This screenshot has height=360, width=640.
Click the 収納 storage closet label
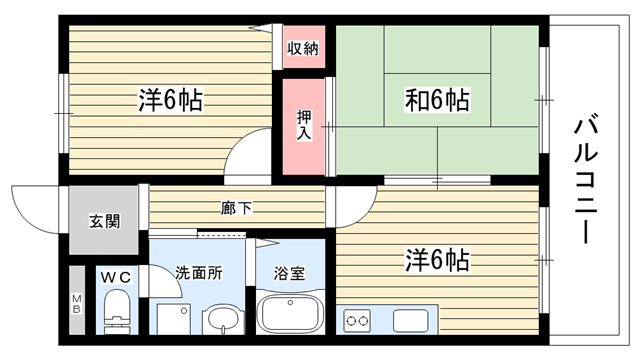point(302,49)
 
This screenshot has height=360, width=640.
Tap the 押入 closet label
point(304,125)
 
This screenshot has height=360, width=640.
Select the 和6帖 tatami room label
point(437,100)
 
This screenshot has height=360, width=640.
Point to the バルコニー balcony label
point(586,181)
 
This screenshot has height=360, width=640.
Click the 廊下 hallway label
point(237,208)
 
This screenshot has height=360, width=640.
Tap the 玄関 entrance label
point(104,222)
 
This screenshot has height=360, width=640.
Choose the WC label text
point(116,278)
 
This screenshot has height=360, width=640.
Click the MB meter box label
point(76,304)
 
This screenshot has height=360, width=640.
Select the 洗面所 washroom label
point(199,273)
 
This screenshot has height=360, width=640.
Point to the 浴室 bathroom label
point(289,273)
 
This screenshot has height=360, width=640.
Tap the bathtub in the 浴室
point(290,314)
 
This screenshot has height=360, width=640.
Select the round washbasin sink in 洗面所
point(223,319)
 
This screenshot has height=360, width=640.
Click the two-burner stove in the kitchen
point(357,321)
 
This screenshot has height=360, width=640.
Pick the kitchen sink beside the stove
point(411,321)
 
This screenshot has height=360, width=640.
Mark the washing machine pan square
point(173,319)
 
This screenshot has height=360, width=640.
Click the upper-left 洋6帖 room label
point(170,100)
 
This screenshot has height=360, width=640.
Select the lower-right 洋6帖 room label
point(437,260)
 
